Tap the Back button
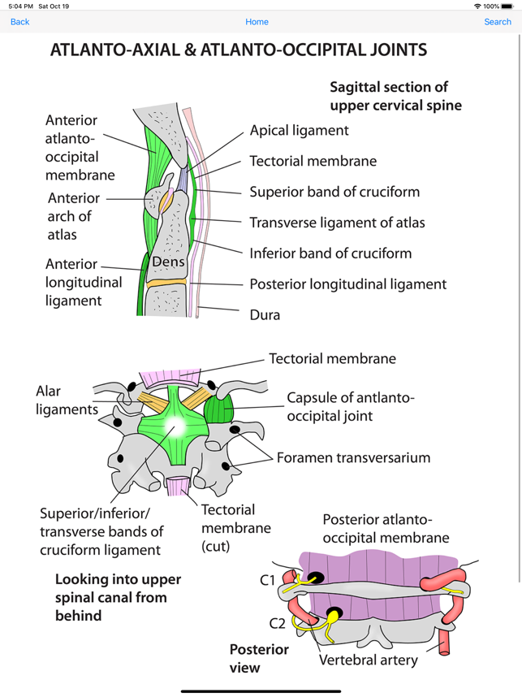(19, 22)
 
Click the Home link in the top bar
(257, 22)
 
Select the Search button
(497, 22)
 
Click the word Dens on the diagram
(169, 262)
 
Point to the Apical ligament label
(299, 130)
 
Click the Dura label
(265, 314)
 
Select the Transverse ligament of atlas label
(337, 223)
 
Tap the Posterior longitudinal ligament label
(347, 284)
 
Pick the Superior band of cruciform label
(334, 192)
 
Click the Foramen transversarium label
(353, 457)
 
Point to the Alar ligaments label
(67, 400)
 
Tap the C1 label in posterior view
(267, 580)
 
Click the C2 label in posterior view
(278, 623)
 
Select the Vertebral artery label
(368, 660)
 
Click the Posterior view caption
(258, 658)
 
